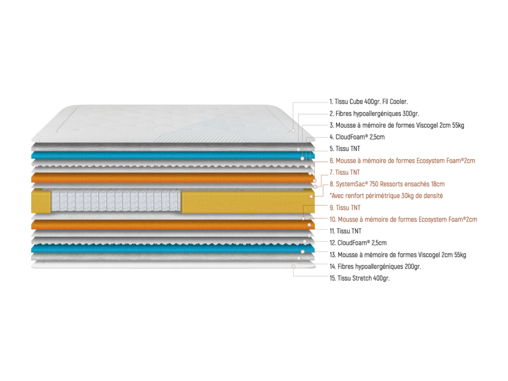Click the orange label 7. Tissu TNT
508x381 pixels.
click(345, 172)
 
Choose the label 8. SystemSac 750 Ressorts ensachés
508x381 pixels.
click(387, 184)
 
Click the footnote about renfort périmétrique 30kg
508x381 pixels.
click(386, 196)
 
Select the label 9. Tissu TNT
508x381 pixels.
click(345, 207)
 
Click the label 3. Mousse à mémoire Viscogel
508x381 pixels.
click(397, 125)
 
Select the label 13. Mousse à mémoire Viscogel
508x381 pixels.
click(401, 255)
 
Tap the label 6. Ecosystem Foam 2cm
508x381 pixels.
click(402, 160)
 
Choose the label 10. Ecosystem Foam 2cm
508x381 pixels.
click(403, 219)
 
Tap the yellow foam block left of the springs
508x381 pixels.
click(41, 201)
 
